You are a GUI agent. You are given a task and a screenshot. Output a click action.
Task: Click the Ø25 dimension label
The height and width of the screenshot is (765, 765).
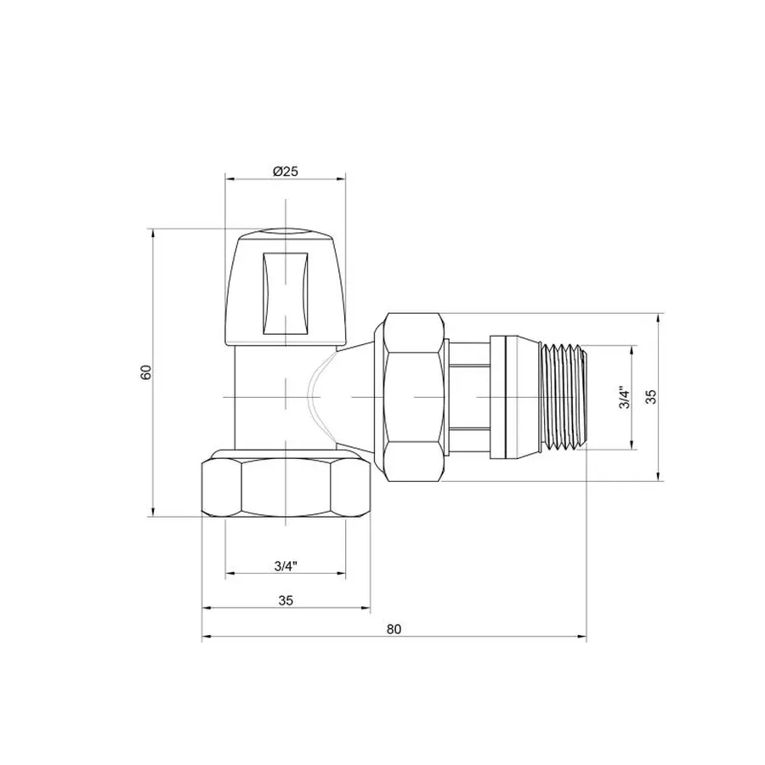[x=286, y=171]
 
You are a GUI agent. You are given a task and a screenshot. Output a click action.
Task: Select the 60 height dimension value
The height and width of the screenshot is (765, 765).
[x=145, y=371]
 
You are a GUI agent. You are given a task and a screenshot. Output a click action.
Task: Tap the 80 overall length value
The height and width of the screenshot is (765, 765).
[x=393, y=629]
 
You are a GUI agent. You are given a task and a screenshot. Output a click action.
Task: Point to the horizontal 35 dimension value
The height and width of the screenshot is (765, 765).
[x=286, y=600]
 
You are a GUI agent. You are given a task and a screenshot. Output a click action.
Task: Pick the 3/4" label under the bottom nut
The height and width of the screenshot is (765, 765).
[x=286, y=565]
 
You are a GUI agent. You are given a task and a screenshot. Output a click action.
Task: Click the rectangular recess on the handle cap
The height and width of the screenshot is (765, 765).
[x=285, y=289]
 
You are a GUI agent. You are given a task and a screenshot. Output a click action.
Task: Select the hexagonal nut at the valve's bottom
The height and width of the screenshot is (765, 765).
[x=286, y=488]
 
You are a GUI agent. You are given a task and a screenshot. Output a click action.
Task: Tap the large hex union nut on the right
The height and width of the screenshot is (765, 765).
[x=414, y=397]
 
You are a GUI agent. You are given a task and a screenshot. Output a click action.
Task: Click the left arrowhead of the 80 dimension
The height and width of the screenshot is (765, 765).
[x=205, y=637]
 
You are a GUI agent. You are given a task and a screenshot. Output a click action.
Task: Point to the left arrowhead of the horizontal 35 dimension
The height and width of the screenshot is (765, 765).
[x=205, y=609]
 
